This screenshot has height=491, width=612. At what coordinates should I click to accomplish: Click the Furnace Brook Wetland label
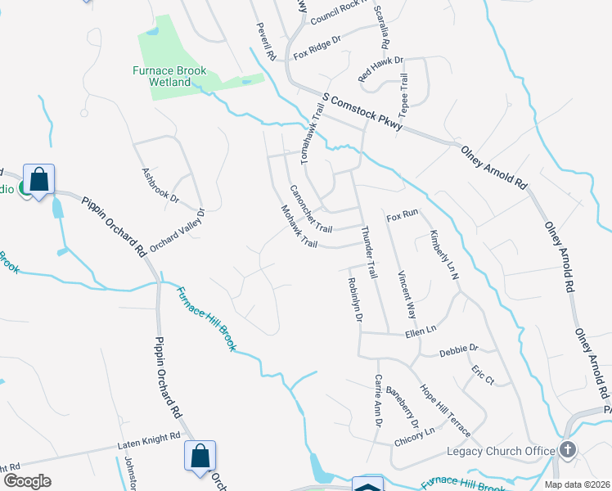point(169,76)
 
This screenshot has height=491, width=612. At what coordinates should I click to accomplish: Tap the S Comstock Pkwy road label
point(362,110)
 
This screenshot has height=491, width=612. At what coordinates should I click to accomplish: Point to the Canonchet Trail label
point(310,208)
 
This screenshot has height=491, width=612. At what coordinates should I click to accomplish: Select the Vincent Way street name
point(407,295)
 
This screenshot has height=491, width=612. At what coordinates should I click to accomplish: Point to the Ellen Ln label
point(421,333)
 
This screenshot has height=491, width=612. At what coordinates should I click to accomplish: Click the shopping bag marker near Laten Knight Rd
point(200,457)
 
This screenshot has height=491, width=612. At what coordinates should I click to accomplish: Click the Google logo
point(27,481)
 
